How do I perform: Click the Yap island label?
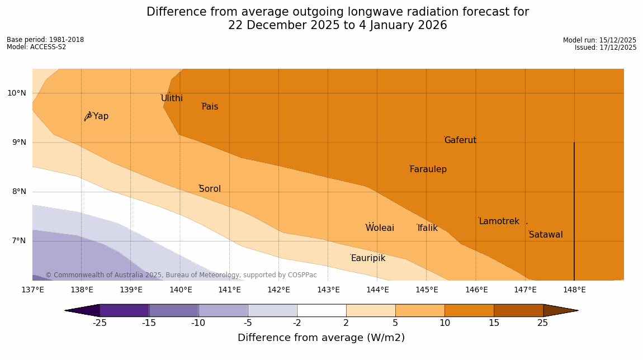click(x=101, y=116)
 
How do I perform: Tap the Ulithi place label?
click(x=172, y=98)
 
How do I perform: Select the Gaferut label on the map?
click(x=460, y=140)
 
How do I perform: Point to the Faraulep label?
click(x=428, y=169)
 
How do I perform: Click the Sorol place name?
click(x=210, y=189)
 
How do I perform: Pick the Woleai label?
click(x=380, y=228)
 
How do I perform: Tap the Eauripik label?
click(x=368, y=258)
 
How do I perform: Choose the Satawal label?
click(x=546, y=235)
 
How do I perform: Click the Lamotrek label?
click(x=499, y=221)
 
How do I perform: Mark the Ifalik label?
click(x=427, y=228)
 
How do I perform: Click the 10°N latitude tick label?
click(x=17, y=93)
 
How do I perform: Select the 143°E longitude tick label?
click(x=328, y=290)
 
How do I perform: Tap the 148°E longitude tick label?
click(x=574, y=290)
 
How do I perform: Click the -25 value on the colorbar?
click(x=100, y=323)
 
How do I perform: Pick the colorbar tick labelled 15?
click(x=494, y=323)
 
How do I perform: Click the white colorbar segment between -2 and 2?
click(x=321, y=310)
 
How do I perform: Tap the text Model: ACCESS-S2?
click(x=36, y=48)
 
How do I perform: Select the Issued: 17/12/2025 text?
click(x=606, y=48)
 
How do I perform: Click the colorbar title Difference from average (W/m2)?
click(x=321, y=338)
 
